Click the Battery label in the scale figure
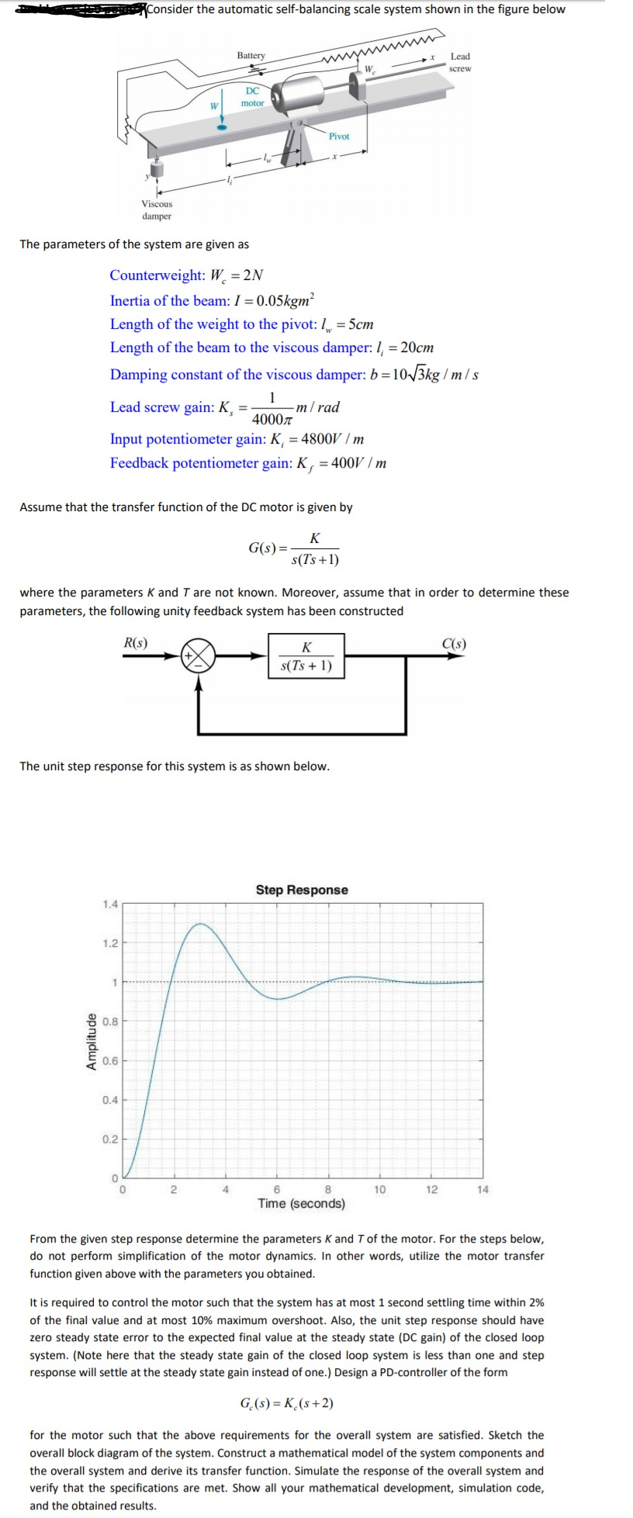tap(251, 55)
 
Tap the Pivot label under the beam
tap(339, 137)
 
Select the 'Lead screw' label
tap(460, 62)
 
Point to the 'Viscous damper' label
tap(157, 210)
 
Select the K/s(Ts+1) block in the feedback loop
tap(306, 656)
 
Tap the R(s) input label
tap(136, 642)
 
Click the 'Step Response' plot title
tap(302, 890)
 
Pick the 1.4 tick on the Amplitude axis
tap(110, 904)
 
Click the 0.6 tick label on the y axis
tap(110, 1061)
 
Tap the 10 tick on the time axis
tap(380, 1190)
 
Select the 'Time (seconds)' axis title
tap(302, 1204)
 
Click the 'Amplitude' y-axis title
tap(92, 1041)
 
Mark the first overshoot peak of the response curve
tap(201, 924)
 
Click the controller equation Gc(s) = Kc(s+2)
tap(287, 1403)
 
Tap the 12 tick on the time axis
tap(431, 1190)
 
